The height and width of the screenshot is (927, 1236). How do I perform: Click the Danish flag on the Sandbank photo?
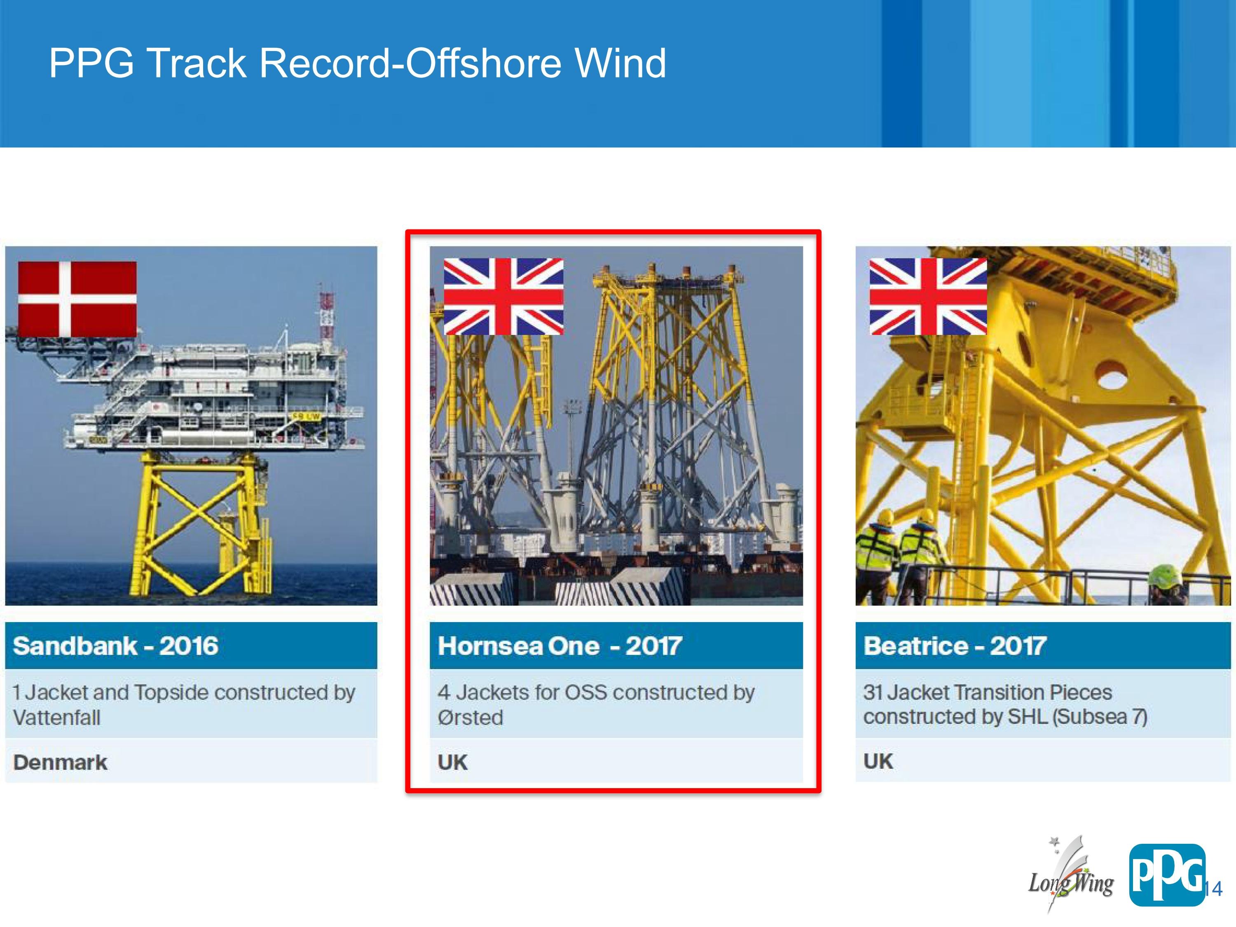click(x=77, y=299)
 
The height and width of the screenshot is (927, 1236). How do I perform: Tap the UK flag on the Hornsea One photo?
click(x=503, y=296)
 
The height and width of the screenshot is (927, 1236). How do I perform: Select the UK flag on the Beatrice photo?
click(x=928, y=296)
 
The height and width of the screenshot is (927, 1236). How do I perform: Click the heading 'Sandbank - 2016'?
click(x=116, y=646)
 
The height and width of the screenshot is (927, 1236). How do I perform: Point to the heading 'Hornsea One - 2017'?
click(x=560, y=646)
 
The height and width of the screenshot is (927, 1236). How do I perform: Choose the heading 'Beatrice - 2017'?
click(x=955, y=646)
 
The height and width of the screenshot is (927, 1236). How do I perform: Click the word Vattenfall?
click(x=56, y=717)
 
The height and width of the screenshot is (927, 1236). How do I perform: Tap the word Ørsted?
click(x=471, y=717)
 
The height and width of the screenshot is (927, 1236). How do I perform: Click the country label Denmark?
click(x=60, y=763)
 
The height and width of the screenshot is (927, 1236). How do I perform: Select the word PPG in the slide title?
click(x=91, y=63)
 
